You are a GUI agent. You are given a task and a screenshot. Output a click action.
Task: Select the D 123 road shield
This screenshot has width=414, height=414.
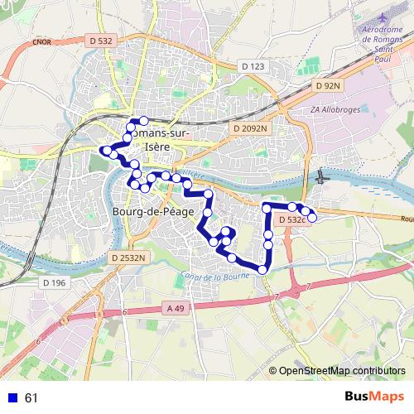[x=253, y=65]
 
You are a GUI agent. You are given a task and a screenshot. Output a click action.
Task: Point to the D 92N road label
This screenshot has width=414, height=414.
[x=328, y=85]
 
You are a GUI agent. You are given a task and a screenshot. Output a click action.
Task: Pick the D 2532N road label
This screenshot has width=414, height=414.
[x=128, y=258]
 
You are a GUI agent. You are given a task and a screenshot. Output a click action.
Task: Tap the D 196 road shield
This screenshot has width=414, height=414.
[x=53, y=283]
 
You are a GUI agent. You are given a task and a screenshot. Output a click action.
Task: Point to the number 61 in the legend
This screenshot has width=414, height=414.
[x=32, y=397]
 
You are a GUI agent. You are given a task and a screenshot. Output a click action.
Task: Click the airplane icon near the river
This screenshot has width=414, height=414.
[x=322, y=176]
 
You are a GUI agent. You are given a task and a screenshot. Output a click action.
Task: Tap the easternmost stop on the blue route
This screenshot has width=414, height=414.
[x=312, y=217]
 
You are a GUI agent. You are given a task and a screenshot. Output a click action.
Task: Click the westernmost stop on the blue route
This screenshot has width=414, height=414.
[x=104, y=150]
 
